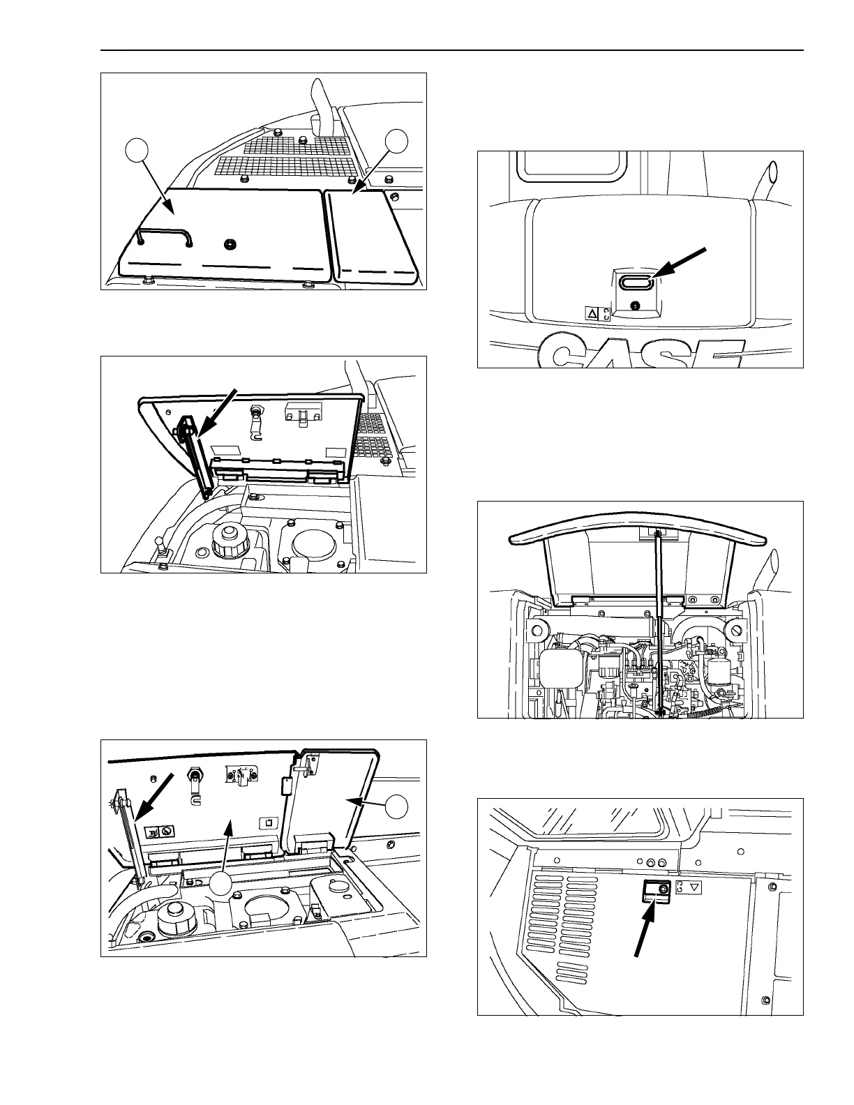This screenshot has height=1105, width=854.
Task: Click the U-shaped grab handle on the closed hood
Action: [x=165, y=235]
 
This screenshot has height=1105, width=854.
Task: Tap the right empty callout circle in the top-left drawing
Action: [x=398, y=142]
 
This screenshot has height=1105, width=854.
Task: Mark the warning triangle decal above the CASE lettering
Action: [x=592, y=315]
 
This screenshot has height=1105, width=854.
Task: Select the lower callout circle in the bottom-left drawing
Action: [x=223, y=883]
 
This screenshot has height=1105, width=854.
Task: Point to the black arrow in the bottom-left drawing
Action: [x=153, y=795]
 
